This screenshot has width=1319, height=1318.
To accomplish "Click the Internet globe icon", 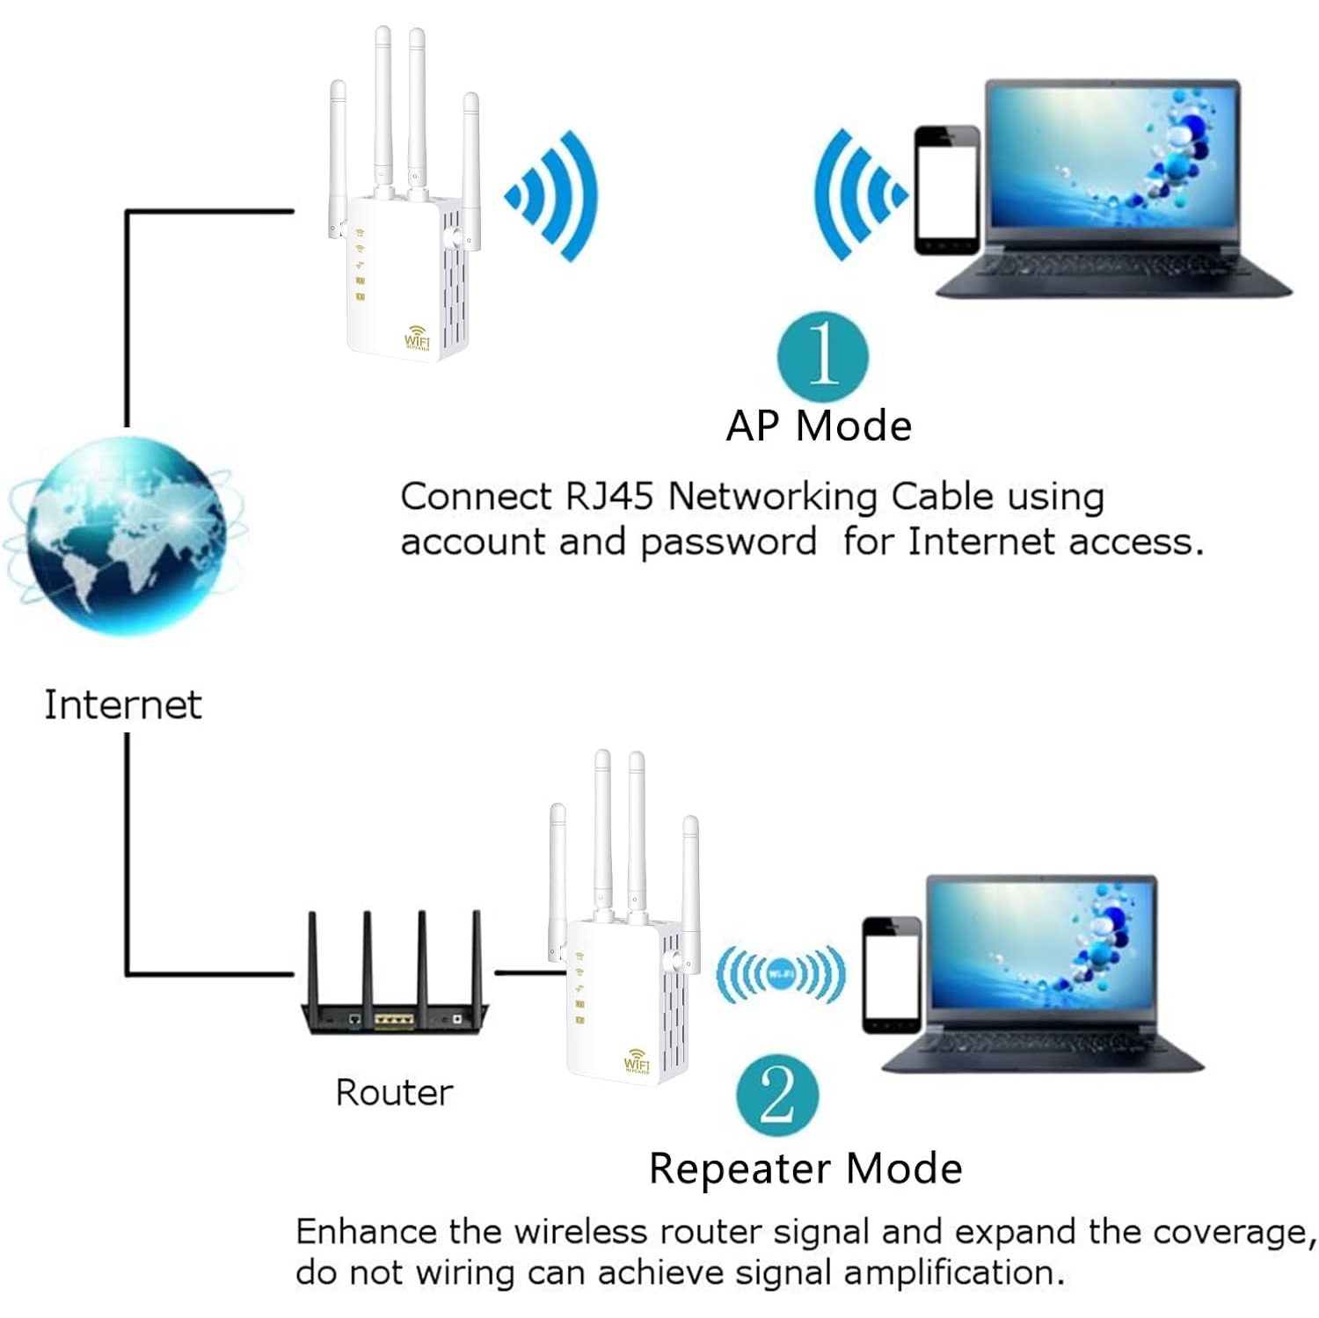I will pos(123,536).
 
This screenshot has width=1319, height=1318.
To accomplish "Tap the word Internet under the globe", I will pos(123,704).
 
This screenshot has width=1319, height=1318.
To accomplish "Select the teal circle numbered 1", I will pos(822,355).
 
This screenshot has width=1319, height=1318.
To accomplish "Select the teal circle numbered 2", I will pos(777,1096).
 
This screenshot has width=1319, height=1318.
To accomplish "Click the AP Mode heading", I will pos(819,426).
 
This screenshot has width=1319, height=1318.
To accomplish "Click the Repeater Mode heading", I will pos(805,1169).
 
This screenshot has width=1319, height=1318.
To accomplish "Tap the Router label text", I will pos(394,1093).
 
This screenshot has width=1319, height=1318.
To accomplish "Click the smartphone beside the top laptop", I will pos(946,191).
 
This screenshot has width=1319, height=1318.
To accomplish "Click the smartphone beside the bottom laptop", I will pos(891,974).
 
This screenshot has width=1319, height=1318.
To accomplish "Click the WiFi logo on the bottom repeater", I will pos(636,1060).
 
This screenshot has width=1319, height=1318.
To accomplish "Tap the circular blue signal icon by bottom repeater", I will pos(780,973).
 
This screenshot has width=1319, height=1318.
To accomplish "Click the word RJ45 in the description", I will pos(608,497).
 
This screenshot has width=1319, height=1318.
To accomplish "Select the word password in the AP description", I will pos(728,542).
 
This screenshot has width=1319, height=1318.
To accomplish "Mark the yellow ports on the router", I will pos(393,1020).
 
